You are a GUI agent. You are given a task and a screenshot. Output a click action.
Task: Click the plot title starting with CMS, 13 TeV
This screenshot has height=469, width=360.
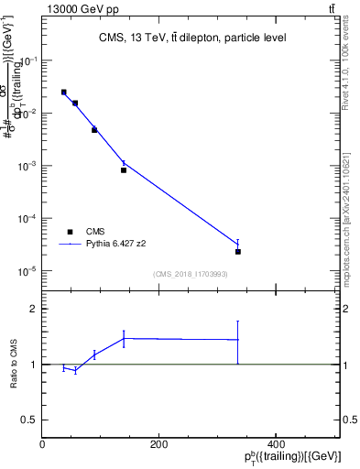coord(191,38)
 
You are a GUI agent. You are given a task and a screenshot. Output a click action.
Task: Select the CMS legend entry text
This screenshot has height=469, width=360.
coord(95,232)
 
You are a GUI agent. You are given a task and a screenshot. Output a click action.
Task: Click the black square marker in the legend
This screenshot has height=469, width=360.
coord(71,232)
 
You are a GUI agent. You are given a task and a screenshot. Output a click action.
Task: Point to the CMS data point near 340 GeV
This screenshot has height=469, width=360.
coord(238,251)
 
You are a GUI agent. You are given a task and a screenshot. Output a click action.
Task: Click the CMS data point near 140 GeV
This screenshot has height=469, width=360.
coord(124,169)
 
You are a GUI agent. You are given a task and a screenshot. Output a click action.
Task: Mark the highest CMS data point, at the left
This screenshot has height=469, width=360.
coord(63,93)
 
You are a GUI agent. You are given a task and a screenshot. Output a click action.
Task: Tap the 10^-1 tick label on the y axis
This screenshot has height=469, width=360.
coord(27,60)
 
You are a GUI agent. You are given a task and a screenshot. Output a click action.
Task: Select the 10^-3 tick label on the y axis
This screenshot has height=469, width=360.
coord(27,167)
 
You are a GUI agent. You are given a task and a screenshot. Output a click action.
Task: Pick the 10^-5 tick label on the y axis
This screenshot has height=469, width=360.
coord(27,272)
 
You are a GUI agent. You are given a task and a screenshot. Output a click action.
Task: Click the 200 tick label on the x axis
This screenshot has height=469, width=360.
coord(159,444)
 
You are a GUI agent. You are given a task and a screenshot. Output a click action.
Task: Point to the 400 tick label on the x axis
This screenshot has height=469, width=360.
coord(276,444)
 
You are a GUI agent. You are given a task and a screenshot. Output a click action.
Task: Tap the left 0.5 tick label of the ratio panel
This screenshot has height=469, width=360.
coord(31,420)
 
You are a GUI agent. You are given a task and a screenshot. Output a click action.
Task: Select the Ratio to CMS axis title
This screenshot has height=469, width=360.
coord(14,365)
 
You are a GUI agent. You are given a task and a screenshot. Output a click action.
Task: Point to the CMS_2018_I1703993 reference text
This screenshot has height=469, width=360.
coord(191,274)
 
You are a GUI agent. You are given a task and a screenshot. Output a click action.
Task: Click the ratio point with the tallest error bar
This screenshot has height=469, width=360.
coord(238,340)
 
